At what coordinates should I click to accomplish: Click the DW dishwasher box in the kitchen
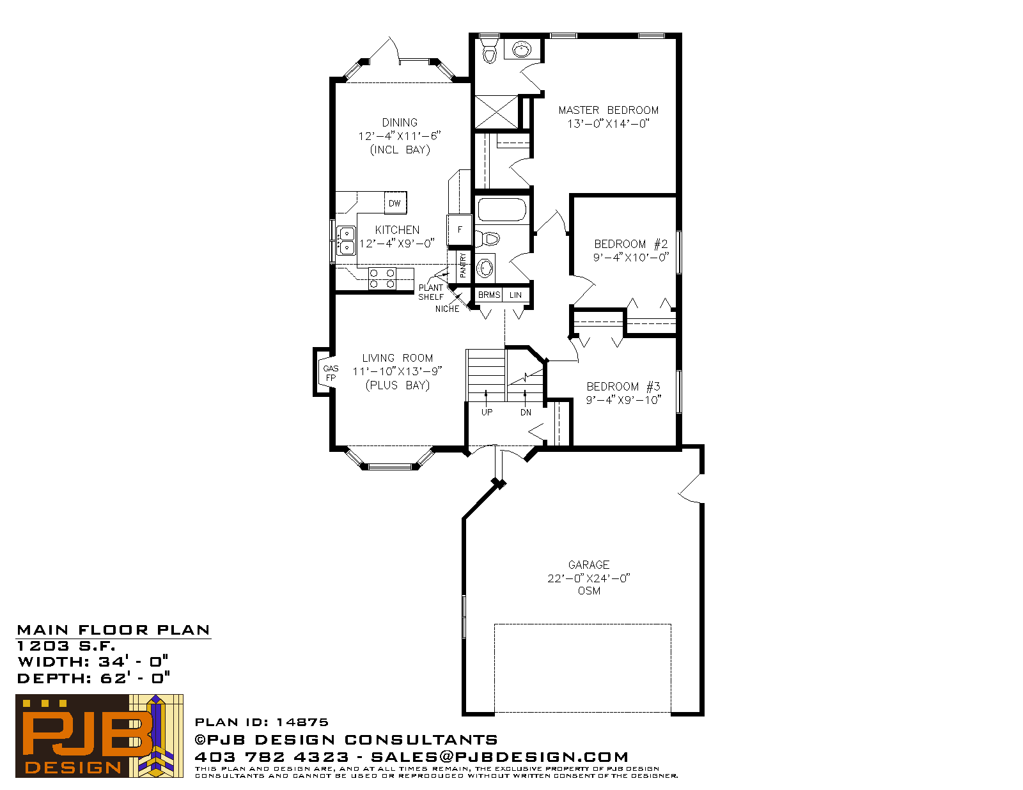[395, 203]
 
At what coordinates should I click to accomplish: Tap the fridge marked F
[459, 229]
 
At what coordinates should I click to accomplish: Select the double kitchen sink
[347, 240]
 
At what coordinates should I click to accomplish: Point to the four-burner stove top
[382, 278]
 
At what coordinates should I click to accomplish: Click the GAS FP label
[331, 373]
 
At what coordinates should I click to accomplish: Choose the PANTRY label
[463, 265]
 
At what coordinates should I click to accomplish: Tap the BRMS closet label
[488, 295]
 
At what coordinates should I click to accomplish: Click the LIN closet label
[515, 295]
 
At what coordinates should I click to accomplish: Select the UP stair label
[487, 412]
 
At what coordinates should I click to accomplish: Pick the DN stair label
[526, 412]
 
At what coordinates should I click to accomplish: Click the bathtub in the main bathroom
[502, 210]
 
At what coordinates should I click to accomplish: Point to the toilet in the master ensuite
[489, 51]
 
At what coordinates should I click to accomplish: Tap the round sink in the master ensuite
[522, 49]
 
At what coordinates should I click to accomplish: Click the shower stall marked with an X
[496, 111]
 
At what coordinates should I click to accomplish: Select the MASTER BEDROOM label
[608, 110]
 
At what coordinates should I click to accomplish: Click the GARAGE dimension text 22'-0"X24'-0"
[588, 578]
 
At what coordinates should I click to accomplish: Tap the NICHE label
[447, 309]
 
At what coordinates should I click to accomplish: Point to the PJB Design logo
[99, 736]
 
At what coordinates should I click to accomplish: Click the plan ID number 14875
[302, 722]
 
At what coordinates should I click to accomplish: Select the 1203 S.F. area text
[66, 646]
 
